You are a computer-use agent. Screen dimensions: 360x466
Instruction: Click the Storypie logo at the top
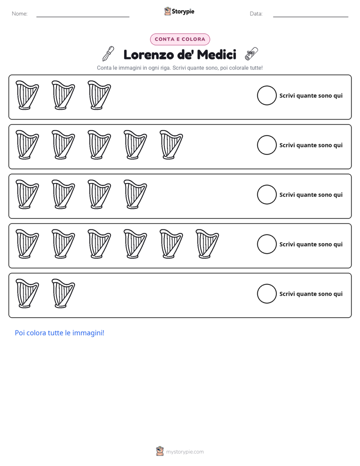[x=179, y=11]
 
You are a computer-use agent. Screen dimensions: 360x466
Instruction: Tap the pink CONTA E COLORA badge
[x=180, y=39]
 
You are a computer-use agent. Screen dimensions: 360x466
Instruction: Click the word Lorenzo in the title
[x=149, y=54]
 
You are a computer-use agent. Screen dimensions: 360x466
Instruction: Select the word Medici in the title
[x=216, y=54]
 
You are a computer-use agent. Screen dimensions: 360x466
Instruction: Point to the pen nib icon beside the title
[x=108, y=54]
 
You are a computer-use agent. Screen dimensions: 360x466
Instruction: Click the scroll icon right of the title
[x=251, y=53]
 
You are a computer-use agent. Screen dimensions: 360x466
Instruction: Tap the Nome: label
[x=20, y=14]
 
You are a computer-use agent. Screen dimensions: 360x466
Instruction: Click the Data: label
[x=256, y=14]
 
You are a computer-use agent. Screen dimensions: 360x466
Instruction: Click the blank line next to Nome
[x=83, y=17]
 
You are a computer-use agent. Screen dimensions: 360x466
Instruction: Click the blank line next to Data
[x=311, y=17]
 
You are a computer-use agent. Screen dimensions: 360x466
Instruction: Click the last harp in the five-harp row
[x=171, y=145]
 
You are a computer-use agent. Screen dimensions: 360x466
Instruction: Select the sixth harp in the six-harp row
[x=207, y=244]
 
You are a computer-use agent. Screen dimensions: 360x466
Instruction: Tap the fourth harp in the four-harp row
[x=136, y=194]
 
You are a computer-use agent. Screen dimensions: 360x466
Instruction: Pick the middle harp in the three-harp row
[x=63, y=95]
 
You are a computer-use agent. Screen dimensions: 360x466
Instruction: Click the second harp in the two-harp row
[x=63, y=294]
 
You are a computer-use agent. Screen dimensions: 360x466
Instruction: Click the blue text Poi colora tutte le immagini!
[x=59, y=333]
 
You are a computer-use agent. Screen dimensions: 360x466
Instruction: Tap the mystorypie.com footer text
[x=185, y=452]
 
